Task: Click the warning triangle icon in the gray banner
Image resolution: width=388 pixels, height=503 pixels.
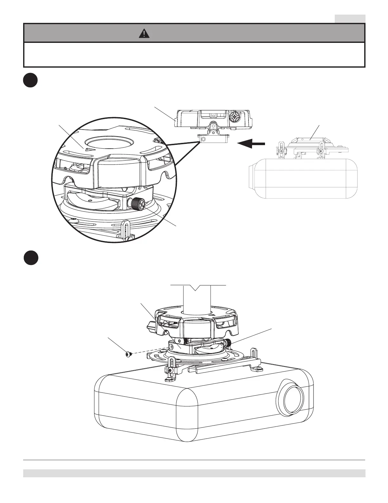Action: [144, 33]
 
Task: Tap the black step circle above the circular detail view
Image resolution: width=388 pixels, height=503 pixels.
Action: [30, 81]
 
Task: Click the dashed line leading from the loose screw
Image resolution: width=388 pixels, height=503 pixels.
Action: [149, 351]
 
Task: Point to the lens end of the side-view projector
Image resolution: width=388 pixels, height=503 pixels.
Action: [252, 178]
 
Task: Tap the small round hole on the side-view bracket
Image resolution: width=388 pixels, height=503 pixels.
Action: [203, 139]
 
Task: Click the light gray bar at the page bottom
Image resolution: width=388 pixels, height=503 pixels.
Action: [194, 473]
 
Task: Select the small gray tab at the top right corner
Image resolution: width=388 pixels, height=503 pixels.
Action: [350, 18]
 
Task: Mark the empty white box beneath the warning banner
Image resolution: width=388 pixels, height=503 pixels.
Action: [194, 54]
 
